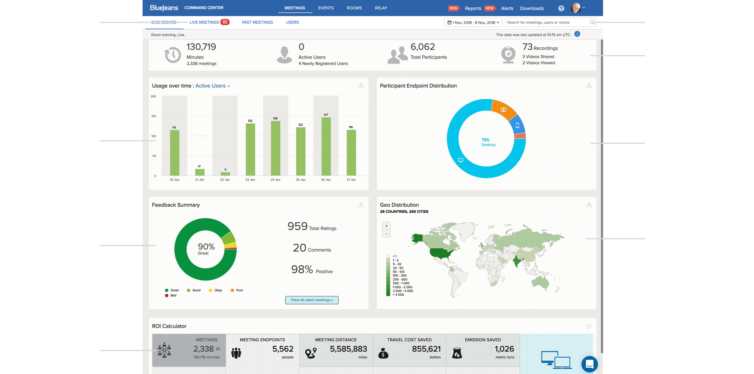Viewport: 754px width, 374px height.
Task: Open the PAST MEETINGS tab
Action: [257, 22]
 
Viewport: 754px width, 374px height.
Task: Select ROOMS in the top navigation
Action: [354, 8]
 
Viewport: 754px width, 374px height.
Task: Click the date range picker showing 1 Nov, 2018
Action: [473, 23]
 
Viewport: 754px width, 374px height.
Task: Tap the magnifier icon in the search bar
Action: [592, 22]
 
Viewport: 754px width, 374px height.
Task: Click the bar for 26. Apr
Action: [326, 146]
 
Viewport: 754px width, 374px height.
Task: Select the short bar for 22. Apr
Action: [225, 174]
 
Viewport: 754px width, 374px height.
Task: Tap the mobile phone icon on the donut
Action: [517, 126]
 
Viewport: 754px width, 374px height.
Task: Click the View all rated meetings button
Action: [312, 300]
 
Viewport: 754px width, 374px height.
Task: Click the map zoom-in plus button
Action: [386, 226]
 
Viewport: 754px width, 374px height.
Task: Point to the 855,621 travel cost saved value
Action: [426, 349]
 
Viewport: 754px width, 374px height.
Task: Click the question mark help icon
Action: [561, 8]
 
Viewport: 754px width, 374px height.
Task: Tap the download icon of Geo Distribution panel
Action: [589, 204]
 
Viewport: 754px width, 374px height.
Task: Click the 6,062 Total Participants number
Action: [422, 47]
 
